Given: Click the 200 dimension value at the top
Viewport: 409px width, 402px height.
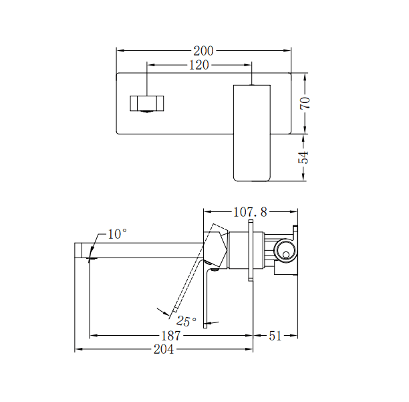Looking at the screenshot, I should tap(204, 50).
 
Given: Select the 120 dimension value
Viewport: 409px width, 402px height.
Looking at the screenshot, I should tap(198, 65).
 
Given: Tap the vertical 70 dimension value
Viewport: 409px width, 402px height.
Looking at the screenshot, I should tap(304, 102).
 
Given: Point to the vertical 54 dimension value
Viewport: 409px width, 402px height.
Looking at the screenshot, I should tap(304, 157).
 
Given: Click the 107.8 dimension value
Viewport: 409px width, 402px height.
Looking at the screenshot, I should tap(250, 212).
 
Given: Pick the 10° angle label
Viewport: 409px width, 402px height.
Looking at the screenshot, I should tap(116, 234).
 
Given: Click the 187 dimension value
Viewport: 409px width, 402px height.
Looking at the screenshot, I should tap(172, 336).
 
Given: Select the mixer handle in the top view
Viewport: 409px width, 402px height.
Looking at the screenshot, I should tap(252, 132).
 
